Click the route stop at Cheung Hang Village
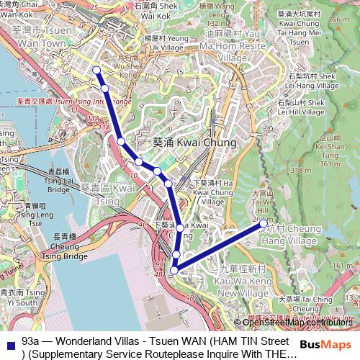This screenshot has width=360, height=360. click(262, 225)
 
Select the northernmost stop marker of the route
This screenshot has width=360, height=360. click(96, 70)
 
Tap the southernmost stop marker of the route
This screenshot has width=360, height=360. click(174, 270)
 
